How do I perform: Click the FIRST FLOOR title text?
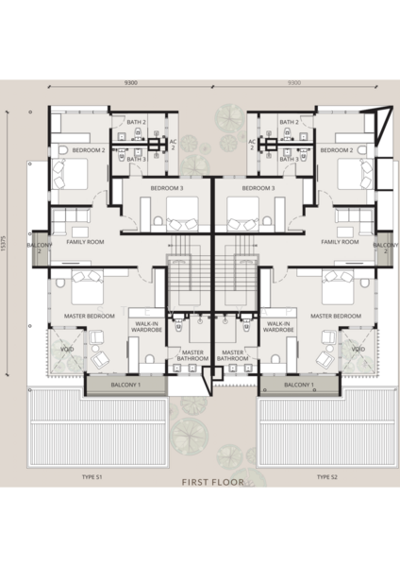pos(212,482)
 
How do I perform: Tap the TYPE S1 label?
pos(92,477)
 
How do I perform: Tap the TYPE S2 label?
pos(327,477)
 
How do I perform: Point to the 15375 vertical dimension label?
pos(4,242)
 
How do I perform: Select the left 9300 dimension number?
pos(131,83)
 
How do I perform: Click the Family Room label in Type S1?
pos(85,242)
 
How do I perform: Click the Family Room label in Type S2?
pos(340,242)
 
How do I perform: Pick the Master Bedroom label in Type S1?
pos(90,316)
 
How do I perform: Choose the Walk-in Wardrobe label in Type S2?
pos(278,327)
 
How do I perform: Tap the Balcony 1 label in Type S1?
pos(125,385)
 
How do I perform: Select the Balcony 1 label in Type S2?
pos(299,385)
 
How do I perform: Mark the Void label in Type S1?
pos(67,349)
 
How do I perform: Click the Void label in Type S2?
pos(358,349)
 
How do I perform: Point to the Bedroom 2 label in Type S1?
pos(89,150)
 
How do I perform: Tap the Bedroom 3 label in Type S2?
pos(258,188)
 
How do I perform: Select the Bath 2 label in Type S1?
pos(137,122)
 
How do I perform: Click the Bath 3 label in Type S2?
pos(290,159)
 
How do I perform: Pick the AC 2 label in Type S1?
pos(173,145)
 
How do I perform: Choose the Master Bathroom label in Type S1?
pos(192,355)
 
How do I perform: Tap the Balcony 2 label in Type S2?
pos(386,248)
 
